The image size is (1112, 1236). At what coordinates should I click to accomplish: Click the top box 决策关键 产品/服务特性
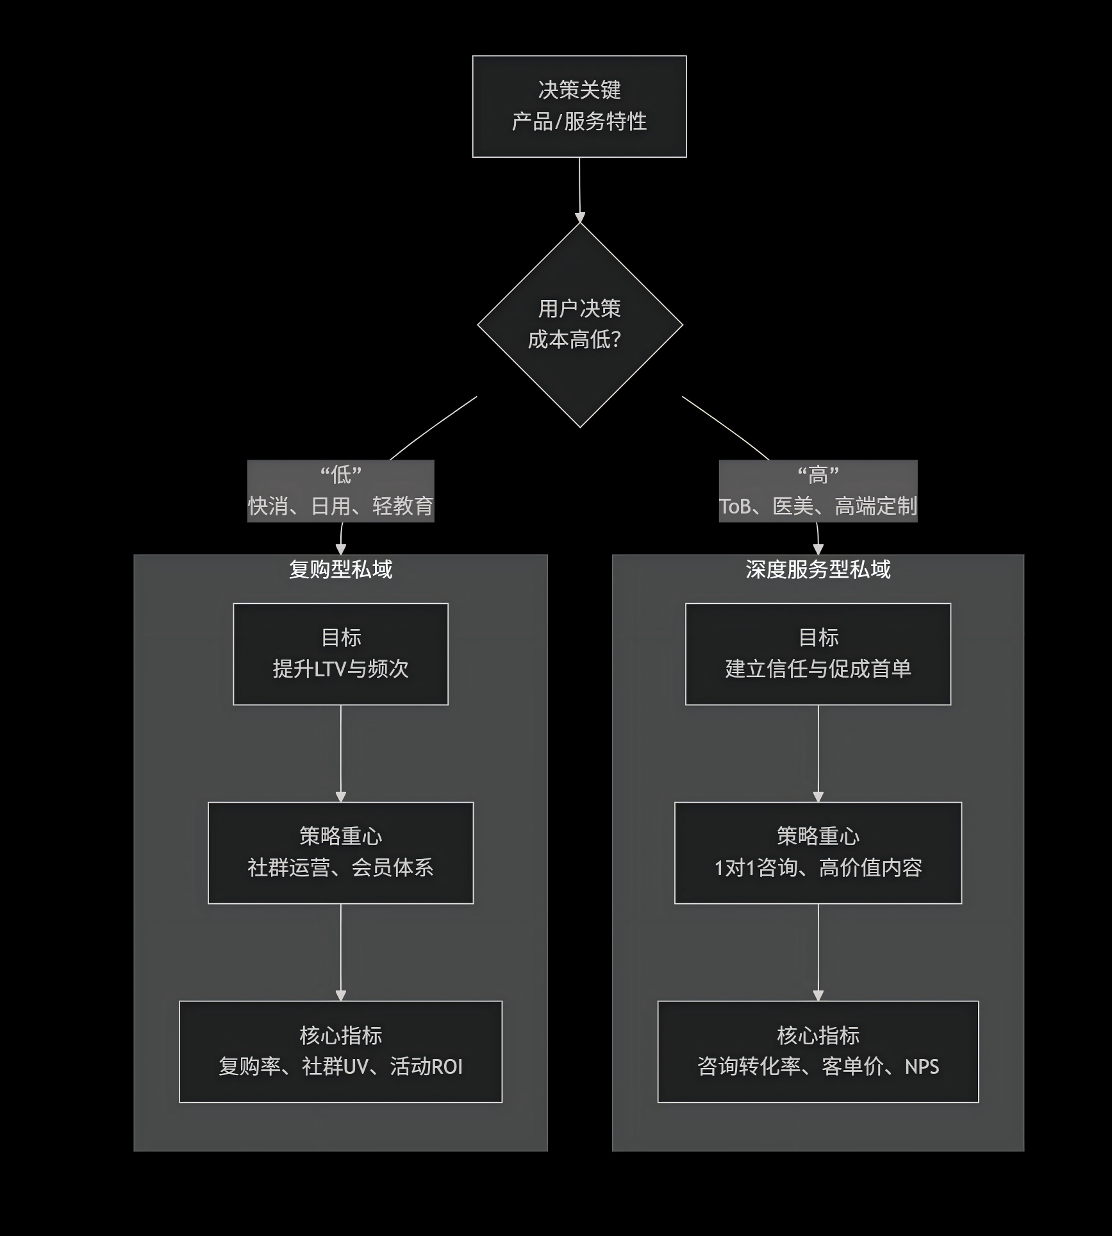(579, 106)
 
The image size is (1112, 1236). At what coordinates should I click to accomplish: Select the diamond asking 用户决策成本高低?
(579, 325)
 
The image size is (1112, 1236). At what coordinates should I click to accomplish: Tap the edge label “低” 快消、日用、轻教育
(340, 491)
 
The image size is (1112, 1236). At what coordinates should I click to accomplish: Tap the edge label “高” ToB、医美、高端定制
(818, 491)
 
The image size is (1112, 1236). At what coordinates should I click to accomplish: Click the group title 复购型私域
(340, 569)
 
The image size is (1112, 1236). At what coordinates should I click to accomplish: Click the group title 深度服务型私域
(818, 569)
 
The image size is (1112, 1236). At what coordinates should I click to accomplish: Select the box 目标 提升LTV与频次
(340, 654)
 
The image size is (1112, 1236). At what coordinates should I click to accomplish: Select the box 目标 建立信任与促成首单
(818, 654)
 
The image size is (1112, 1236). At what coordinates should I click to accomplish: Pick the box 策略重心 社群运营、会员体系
(340, 853)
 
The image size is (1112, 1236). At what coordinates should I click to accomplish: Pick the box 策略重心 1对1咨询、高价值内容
(818, 853)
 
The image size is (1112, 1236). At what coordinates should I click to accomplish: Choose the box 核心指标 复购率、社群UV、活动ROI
(340, 1051)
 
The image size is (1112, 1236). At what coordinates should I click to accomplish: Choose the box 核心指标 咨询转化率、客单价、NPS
(818, 1051)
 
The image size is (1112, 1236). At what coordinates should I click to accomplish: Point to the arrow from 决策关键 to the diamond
(579, 190)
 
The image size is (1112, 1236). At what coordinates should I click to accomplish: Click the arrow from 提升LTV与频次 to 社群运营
(340, 753)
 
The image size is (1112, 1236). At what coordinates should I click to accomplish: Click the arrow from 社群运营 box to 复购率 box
(340, 952)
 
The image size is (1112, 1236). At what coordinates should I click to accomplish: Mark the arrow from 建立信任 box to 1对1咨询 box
(818, 753)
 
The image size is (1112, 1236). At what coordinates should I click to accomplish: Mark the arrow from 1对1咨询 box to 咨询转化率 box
(818, 952)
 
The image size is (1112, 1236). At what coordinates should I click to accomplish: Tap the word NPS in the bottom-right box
(922, 1067)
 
